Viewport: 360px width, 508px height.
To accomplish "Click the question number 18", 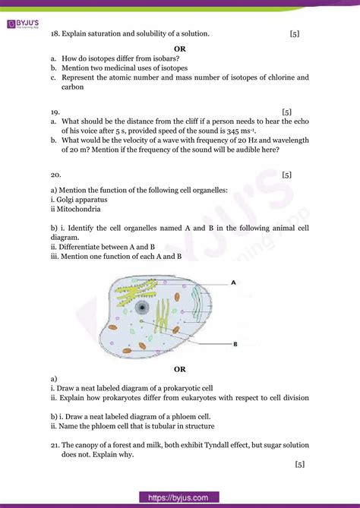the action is (x=55, y=34).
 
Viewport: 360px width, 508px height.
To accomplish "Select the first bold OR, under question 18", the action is (x=180, y=48).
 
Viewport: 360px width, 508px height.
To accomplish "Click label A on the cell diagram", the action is (x=234, y=282).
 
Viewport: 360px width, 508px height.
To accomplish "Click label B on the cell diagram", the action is (x=235, y=343).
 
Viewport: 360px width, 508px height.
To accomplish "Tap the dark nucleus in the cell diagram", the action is (x=142, y=307).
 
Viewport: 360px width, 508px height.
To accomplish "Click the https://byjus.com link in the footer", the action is (x=180, y=497).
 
